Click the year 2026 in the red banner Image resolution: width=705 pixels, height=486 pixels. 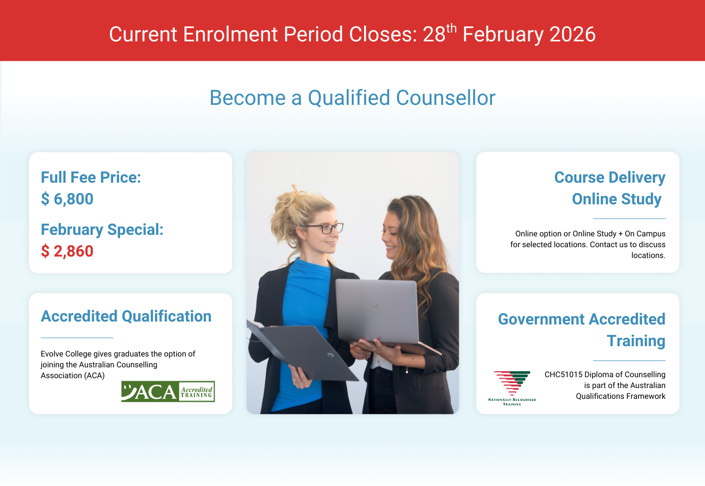573,34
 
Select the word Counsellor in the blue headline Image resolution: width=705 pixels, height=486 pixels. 446,97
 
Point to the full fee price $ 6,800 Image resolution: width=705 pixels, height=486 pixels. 67,199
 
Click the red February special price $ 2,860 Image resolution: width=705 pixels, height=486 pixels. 67,251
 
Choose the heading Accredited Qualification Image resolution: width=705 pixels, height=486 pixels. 126,316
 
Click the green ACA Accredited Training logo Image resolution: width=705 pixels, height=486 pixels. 168,391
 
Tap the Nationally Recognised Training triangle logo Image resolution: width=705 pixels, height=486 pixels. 512,388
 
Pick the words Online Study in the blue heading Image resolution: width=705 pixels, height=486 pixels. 616,199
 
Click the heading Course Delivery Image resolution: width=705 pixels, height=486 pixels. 610,177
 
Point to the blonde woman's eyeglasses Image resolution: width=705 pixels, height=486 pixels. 324,227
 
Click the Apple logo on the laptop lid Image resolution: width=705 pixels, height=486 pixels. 376,310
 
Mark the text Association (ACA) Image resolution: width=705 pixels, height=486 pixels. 73,375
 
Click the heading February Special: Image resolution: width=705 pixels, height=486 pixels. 102,229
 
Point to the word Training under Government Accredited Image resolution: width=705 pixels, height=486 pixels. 636,341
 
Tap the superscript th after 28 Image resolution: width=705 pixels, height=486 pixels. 451,29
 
